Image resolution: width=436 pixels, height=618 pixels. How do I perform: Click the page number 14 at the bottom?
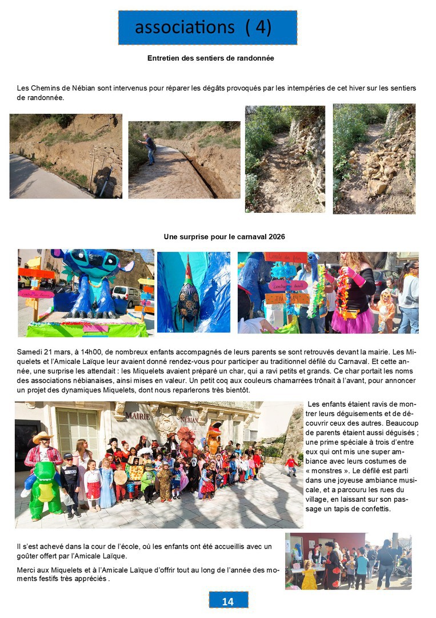[x=227, y=601]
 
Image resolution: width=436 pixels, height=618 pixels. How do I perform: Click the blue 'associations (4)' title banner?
[x=207, y=27]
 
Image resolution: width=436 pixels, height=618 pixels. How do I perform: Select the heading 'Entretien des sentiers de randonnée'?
[x=211, y=58]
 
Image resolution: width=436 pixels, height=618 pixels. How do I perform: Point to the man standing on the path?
[x=150, y=148]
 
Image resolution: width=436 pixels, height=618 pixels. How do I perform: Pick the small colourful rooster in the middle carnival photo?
[x=188, y=294]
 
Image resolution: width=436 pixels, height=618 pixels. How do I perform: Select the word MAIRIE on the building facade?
[x=138, y=416]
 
